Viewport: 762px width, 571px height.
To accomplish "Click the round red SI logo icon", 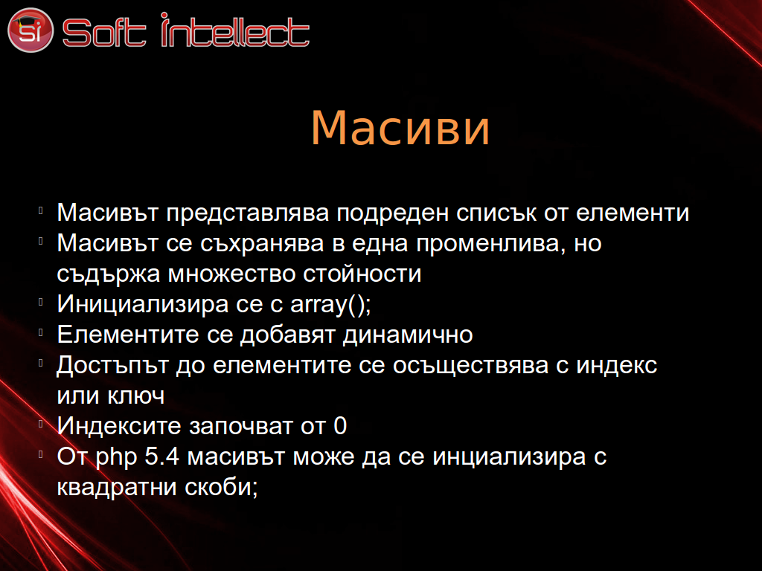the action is (x=30, y=30).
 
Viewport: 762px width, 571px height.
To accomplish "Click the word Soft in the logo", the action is (x=104, y=33).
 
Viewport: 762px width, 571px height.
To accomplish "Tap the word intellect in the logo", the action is (x=235, y=30).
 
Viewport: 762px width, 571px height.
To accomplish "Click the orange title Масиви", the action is (x=400, y=128).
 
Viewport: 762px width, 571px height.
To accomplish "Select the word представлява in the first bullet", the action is (x=247, y=213).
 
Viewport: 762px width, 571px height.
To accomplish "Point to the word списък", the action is (x=496, y=213).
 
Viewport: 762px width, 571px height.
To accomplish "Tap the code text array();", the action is (x=330, y=305).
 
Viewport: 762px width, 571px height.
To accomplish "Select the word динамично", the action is (x=408, y=335).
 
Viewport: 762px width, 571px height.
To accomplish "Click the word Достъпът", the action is (x=113, y=366).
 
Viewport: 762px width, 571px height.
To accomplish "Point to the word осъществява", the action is (x=470, y=366).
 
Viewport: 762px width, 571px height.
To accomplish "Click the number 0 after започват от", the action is (x=340, y=426).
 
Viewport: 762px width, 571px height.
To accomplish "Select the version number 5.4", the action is (x=162, y=457).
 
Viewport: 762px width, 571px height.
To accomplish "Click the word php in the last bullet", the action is (x=116, y=458).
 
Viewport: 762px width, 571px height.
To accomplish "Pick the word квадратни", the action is (x=117, y=488).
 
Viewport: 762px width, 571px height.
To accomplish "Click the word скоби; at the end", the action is (x=221, y=488).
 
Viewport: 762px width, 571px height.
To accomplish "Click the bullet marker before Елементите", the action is (x=41, y=333).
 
